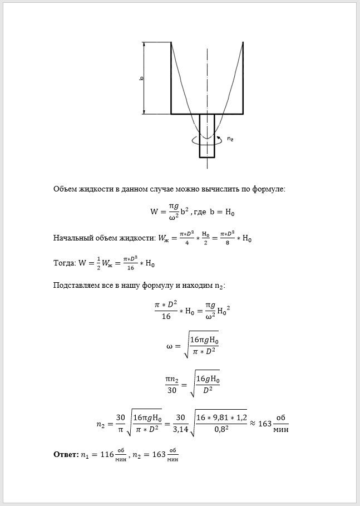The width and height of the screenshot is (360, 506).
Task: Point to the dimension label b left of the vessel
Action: click(x=142, y=78)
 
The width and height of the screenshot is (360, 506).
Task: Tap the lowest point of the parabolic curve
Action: click(x=207, y=139)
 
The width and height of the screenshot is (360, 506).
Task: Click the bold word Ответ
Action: click(x=65, y=454)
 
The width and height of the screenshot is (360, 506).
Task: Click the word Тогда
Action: click(x=65, y=263)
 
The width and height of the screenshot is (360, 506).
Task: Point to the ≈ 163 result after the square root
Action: click(x=260, y=423)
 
